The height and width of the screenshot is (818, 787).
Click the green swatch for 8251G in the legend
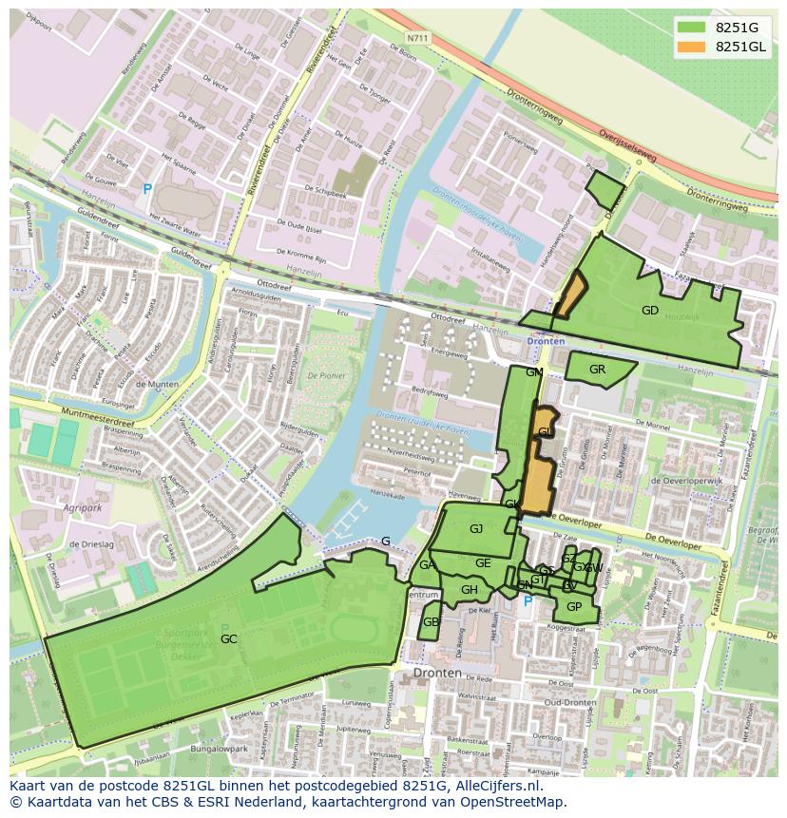click(x=691, y=27)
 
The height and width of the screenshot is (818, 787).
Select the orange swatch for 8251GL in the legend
click(x=691, y=47)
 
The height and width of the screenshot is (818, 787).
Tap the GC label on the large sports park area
click(x=228, y=639)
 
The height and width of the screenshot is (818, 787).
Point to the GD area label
click(x=650, y=311)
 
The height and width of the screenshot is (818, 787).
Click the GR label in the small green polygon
click(x=597, y=370)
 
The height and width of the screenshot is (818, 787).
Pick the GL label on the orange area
click(x=545, y=432)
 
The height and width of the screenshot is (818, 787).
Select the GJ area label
click(x=476, y=529)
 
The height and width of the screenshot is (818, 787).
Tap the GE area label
click(x=483, y=563)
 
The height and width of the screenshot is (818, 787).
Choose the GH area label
click(x=469, y=590)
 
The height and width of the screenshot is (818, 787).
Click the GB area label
click(x=431, y=622)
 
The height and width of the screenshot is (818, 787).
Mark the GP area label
click(x=573, y=607)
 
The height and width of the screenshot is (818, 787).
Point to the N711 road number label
click(x=415, y=38)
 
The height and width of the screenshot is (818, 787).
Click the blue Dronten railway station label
click(x=546, y=341)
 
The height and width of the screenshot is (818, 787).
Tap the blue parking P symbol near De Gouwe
click(x=147, y=190)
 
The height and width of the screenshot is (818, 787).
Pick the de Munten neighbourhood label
click(x=158, y=385)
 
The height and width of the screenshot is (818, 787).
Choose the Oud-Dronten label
click(x=571, y=703)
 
